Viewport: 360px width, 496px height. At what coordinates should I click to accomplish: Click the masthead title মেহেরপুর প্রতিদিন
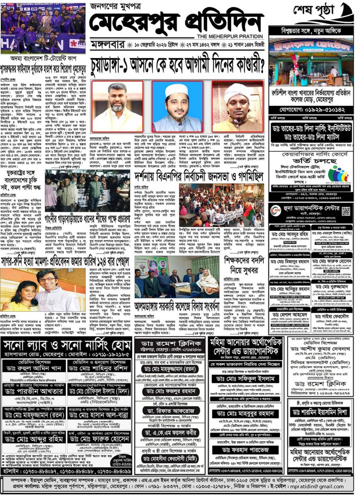click(176, 23)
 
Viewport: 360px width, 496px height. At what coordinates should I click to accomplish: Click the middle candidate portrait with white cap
click(177, 106)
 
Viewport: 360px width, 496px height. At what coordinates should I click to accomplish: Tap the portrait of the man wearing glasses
click(117, 106)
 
